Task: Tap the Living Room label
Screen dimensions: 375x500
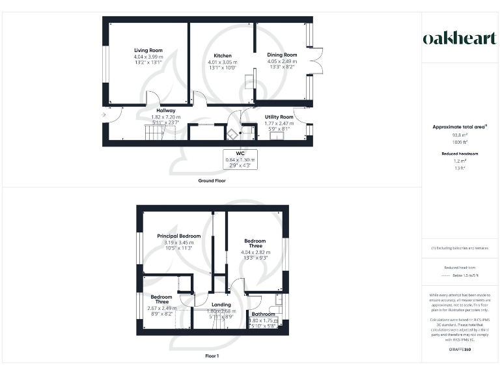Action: [148, 50]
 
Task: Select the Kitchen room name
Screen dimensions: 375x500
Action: [222, 55]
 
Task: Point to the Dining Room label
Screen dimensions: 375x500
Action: [282, 55]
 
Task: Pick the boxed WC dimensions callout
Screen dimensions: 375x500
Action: [240, 160]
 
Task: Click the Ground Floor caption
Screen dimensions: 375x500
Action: [212, 180]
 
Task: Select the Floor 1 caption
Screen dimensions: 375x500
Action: [212, 356]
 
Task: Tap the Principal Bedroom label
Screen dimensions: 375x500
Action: [179, 236]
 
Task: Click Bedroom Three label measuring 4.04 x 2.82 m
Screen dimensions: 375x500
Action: [255, 241]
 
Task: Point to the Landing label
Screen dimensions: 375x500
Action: [221, 305]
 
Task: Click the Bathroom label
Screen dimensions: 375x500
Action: [263, 314]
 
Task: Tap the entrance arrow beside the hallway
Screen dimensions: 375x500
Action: [104, 115]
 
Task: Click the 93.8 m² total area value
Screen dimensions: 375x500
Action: [460, 135]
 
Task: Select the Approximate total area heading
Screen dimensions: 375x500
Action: [460, 127]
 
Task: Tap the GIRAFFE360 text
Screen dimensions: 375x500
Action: [460, 350]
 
